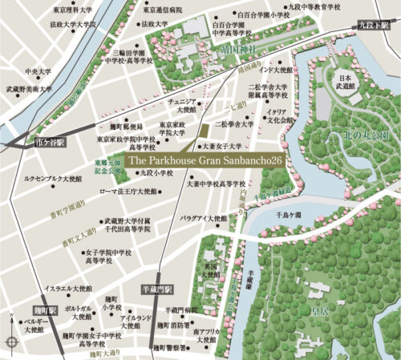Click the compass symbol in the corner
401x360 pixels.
click(x=12, y=342)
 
